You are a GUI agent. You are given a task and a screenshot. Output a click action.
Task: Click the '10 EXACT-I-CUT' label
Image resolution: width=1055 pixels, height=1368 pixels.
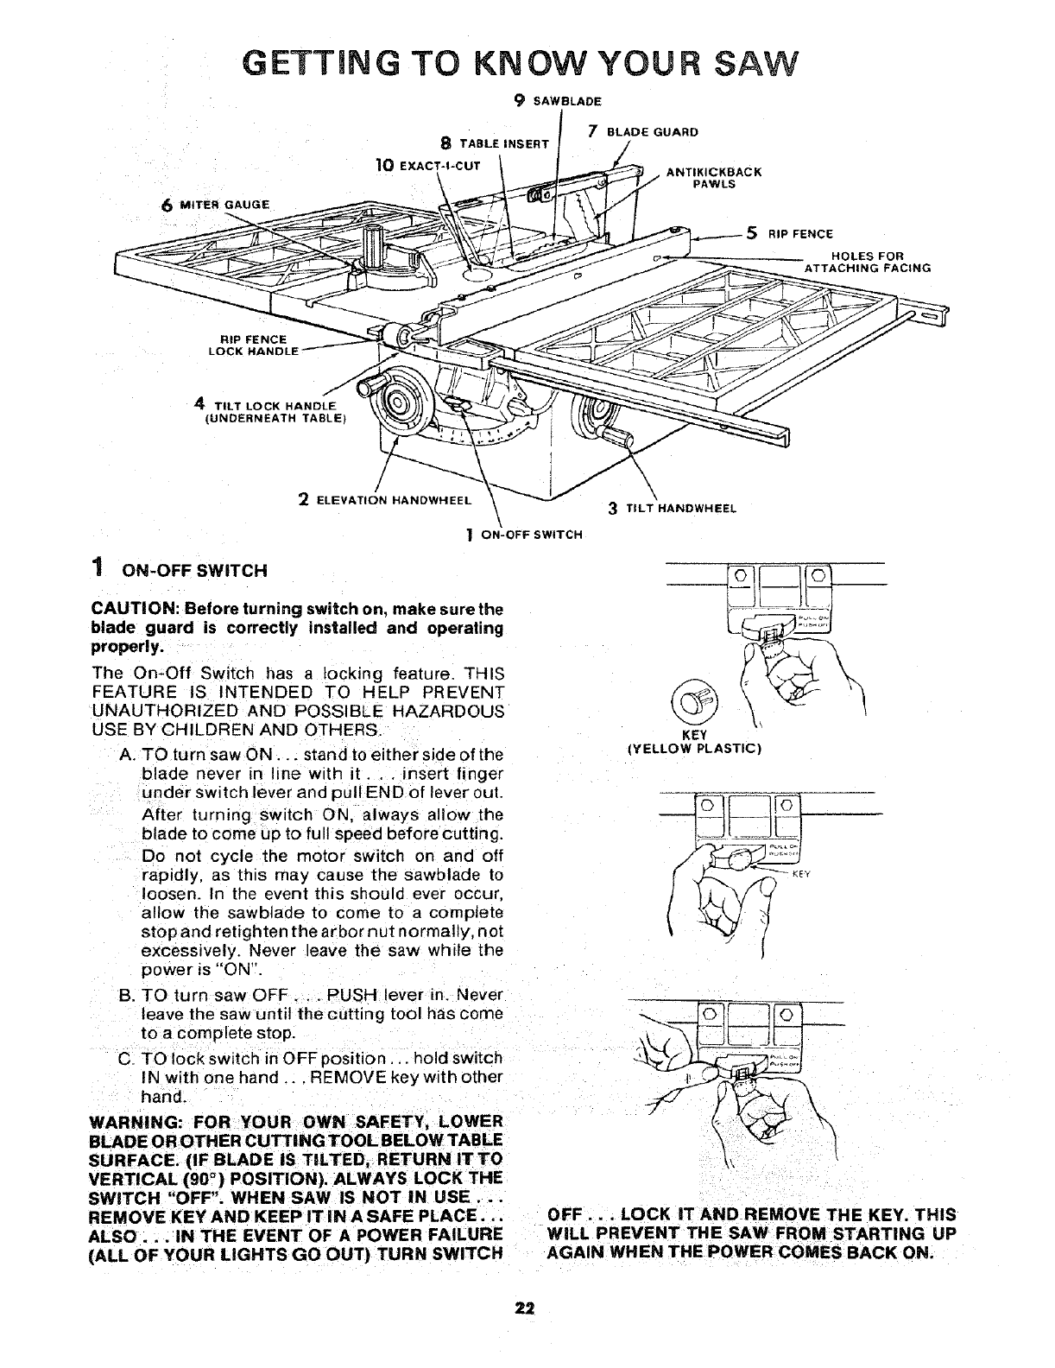[432, 164]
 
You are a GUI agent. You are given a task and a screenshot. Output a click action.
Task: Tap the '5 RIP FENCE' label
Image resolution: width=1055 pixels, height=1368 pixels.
[789, 232]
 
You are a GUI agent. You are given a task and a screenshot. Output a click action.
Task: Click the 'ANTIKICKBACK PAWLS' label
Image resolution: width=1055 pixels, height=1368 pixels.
[713, 177]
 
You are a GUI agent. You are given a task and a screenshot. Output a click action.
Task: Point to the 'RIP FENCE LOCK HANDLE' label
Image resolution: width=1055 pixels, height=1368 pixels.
[253, 345]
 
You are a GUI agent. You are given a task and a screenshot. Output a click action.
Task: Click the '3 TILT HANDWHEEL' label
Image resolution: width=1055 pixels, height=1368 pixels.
[672, 509]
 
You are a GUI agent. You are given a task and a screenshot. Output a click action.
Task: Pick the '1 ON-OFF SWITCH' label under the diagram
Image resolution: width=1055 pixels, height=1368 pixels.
[524, 534]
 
